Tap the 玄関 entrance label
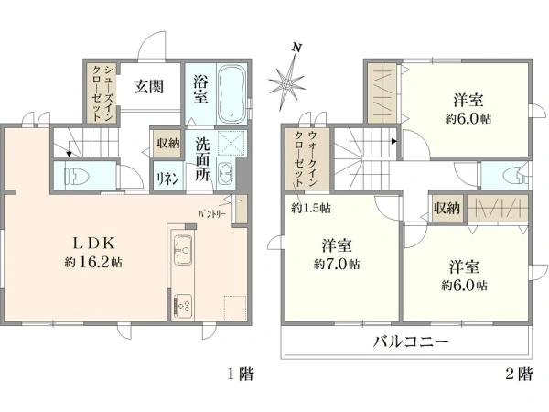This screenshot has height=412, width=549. coord(149,87)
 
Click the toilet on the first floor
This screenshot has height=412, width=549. coord(72,174)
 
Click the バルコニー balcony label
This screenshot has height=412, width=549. coord(409,344)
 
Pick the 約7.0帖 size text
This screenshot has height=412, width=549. coord(337,264)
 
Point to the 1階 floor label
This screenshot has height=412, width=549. coord(241,374)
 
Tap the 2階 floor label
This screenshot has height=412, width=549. coord(518,374)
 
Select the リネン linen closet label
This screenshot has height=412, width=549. coord(167,178)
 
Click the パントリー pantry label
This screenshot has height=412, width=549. coord(214,213)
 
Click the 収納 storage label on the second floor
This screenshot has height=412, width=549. coord(447,209)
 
